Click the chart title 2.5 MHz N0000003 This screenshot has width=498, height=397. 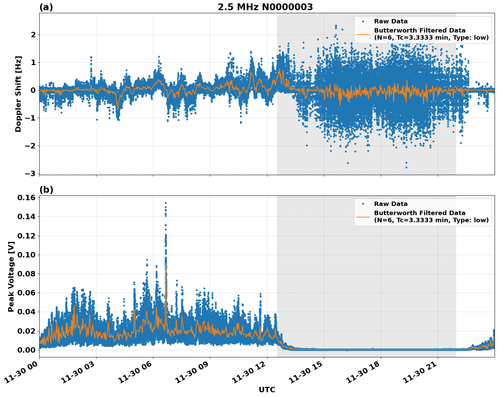point(265,7)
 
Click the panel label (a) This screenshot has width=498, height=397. point(46,7)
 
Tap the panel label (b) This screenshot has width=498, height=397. point(46,190)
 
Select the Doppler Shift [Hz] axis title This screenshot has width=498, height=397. point(18,94)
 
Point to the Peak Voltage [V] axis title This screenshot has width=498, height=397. point(11,276)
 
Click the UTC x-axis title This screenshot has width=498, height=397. point(267,390)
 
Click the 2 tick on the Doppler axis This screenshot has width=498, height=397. point(33,35)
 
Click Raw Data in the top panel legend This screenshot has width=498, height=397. point(391,21)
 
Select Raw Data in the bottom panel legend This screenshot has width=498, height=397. point(391,204)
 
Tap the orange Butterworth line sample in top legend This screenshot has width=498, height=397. point(363,34)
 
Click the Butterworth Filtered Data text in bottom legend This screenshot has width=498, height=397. point(419,213)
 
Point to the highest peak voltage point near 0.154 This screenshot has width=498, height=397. point(166,203)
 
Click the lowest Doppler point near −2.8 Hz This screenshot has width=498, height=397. point(406,167)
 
